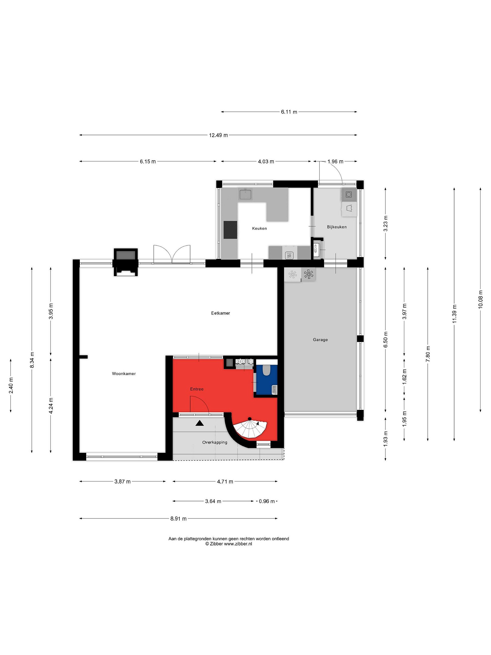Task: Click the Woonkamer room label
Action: (124, 374)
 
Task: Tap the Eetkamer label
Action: (220, 313)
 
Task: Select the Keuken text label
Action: (259, 228)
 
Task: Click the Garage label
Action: (320, 340)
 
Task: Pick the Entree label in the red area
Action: (197, 389)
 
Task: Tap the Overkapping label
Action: (215, 442)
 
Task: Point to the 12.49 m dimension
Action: (218, 135)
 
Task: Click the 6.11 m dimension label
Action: (289, 112)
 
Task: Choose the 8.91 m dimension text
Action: (178, 519)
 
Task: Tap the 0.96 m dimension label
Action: (267, 501)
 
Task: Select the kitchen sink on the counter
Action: (245, 194)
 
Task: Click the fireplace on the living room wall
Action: (126, 262)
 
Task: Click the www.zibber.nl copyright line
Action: (229, 544)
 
